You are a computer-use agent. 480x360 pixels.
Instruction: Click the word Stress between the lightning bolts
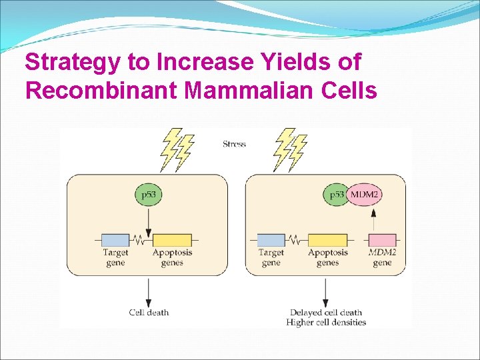234,144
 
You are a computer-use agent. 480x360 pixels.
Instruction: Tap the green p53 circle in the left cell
149,196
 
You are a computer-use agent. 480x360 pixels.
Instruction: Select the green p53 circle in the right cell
337,196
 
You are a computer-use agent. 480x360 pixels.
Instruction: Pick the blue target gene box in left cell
115,240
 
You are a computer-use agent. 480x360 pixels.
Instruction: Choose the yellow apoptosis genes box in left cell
172,240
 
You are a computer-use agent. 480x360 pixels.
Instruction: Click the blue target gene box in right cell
271,240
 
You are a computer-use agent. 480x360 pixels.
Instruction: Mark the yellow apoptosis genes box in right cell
327,240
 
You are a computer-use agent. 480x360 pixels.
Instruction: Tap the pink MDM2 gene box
383,240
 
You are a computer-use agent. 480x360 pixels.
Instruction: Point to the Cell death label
149,312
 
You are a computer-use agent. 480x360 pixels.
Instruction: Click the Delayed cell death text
326,312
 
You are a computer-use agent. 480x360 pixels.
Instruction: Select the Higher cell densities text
326,323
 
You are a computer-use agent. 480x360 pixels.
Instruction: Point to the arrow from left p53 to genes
149,220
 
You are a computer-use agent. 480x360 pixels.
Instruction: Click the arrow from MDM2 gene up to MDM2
373,220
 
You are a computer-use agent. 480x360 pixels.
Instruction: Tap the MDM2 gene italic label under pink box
382,258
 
